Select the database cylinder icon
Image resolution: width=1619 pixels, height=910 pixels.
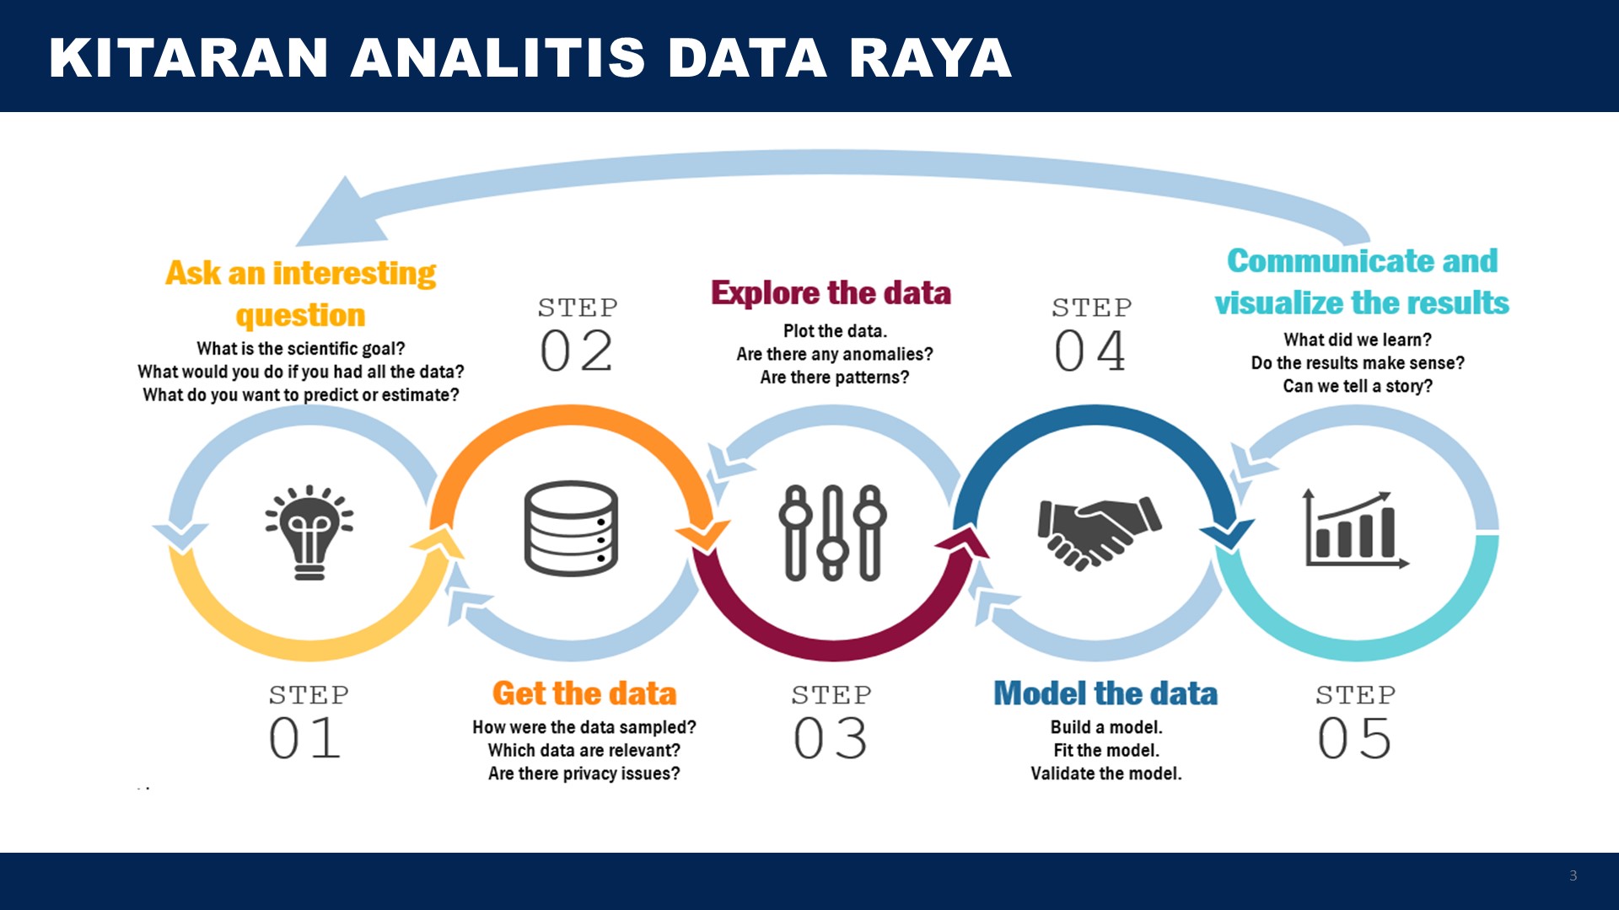pos(571,528)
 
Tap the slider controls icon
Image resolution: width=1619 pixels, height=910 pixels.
pos(832,533)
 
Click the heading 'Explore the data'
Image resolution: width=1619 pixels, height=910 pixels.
pos(831,293)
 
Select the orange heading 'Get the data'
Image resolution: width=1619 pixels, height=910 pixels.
pos(584,693)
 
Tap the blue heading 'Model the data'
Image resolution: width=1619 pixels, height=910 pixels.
pos(1105,693)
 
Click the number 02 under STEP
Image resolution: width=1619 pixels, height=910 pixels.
pos(577,351)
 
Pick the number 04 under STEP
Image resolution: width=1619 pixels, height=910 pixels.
pos(1090,351)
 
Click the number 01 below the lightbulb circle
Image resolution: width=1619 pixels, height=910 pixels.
pos(304,738)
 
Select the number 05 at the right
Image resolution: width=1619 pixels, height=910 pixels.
pos(1354,738)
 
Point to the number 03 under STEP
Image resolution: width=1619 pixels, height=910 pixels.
pos(831,738)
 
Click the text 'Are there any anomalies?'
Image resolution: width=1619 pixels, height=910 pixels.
pos(835,354)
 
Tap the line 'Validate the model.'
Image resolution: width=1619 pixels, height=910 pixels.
pos(1106,773)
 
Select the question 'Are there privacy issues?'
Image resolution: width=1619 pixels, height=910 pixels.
pos(584,773)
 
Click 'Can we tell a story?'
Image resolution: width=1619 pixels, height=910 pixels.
pos(1358,386)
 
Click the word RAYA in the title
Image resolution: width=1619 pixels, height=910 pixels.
pos(930,58)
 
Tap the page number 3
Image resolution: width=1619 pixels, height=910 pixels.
pos(1573,875)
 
